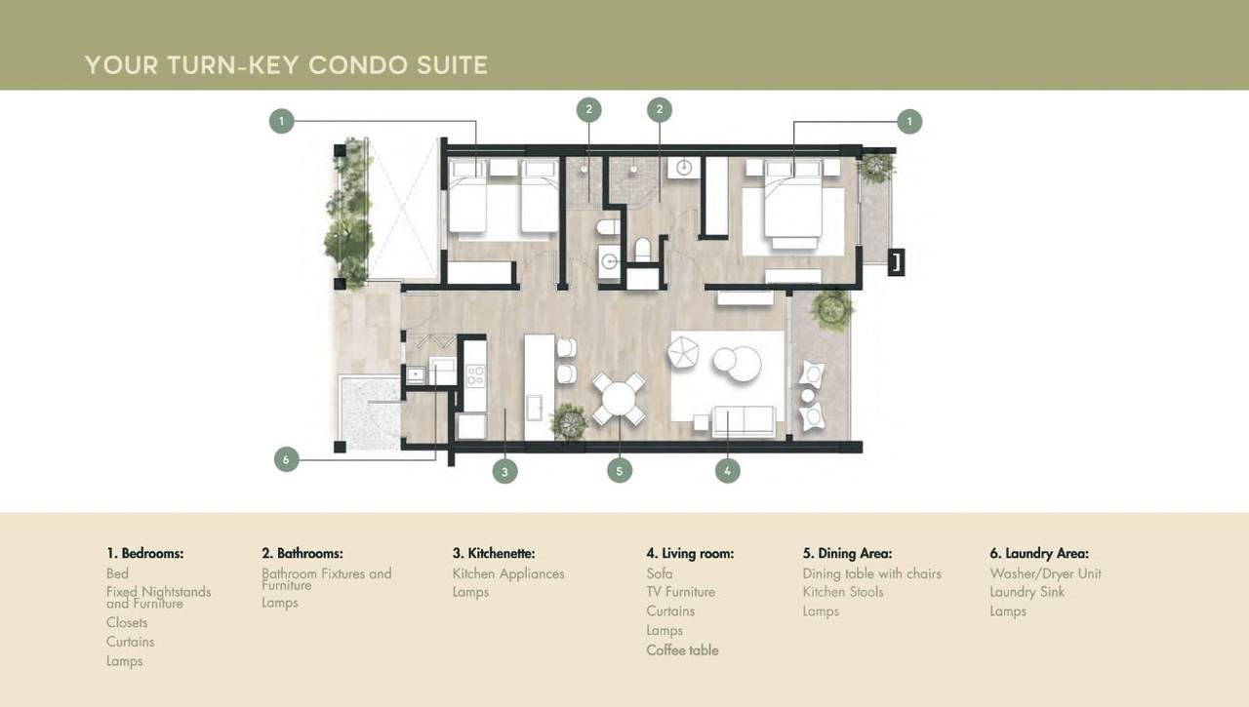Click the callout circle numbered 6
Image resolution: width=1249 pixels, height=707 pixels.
click(286, 459)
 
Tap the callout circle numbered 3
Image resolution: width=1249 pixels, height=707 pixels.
click(504, 471)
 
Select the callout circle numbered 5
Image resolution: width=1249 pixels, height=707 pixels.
click(620, 471)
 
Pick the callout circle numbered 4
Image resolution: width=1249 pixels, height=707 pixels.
click(728, 471)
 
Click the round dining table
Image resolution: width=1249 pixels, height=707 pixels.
click(619, 399)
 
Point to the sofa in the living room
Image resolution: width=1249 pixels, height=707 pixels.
click(744, 421)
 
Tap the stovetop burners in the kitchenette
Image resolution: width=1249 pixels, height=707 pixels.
click(475, 374)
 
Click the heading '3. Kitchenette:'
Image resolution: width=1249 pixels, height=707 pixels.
click(494, 553)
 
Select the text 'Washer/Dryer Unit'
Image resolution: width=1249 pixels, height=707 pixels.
click(1045, 573)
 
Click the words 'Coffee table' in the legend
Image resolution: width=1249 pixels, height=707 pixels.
click(682, 650)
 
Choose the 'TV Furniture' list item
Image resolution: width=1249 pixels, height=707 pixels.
click(680, 592)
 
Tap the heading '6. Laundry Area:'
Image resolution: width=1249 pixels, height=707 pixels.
click(1039, 553)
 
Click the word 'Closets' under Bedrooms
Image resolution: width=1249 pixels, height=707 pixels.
click(127, 622)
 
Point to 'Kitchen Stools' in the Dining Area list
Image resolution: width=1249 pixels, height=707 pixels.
click(843, 592)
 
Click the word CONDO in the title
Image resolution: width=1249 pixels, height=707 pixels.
click(358, 65)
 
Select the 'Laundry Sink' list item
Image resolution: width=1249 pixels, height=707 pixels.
click(1027, 592)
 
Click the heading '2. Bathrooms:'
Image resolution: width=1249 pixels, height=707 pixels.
click(302, 553)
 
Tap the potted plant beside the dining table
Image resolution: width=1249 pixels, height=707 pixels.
click(569, 421)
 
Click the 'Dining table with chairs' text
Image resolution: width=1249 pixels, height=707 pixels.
click(871, 573)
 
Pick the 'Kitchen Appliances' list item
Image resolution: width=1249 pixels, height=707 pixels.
click(508, 573)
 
